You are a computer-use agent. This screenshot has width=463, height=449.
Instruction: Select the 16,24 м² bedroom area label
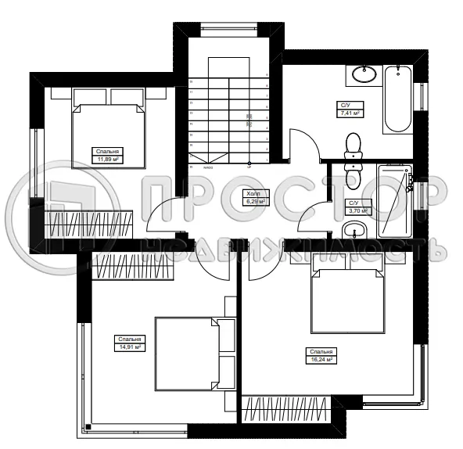[321, 356]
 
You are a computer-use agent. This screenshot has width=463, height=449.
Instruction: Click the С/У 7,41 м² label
[348, 109]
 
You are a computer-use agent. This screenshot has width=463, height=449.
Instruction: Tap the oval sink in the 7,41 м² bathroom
[362, 75]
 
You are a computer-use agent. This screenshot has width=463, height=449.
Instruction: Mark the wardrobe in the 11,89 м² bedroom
[90, 224]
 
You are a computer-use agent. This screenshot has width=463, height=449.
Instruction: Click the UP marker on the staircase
[249, 166]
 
